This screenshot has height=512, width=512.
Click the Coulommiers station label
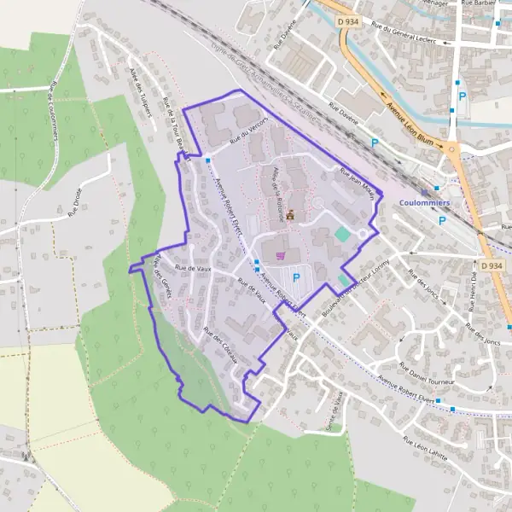coord(425,202)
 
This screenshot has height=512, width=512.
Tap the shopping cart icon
coord(281,254)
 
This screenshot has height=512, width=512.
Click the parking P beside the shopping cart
coord(296,277)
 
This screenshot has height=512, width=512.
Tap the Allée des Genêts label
coord(162,278)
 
